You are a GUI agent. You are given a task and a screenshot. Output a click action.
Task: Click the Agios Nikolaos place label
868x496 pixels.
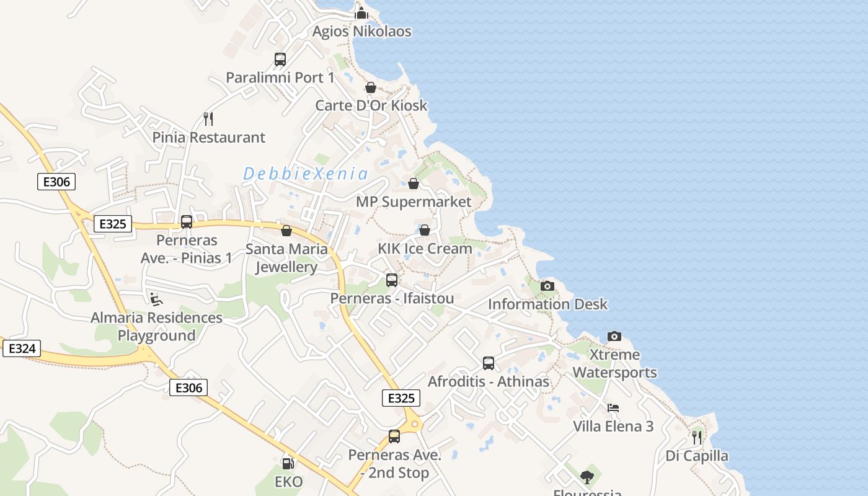[x=361, y=32]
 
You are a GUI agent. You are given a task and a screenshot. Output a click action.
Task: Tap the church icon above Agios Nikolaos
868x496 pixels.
[x=361, y=12]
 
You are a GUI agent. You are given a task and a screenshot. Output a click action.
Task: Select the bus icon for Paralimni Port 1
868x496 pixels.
[x=280, y=60]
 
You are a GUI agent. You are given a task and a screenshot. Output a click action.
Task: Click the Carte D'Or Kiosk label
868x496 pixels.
[x=371, y=105]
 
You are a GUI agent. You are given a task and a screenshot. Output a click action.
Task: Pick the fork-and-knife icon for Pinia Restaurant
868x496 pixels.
[x=209, y=118]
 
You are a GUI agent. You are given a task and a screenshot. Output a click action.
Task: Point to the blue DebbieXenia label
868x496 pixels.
[x=306, y=174]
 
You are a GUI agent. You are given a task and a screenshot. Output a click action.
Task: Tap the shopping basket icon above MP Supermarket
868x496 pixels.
[x=414, y=184]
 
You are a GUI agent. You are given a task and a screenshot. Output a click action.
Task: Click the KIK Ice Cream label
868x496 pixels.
[x=425, y=249]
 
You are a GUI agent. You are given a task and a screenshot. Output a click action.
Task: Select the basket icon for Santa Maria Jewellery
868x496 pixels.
[x=286, y=231]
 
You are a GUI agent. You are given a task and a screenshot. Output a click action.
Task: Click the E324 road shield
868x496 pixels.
[x=22, y=348]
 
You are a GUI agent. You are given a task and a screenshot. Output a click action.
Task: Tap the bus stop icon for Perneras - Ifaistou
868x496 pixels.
[x=392, y=280]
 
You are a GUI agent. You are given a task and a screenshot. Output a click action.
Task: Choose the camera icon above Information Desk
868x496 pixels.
[x=547, y=286]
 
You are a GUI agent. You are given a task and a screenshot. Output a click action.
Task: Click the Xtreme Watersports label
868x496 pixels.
[x=614, y=363]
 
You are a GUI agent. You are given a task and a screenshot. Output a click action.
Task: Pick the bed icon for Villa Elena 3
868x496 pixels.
[x=613, y=408]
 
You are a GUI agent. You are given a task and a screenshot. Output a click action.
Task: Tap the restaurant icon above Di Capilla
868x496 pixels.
[x=697, y=438]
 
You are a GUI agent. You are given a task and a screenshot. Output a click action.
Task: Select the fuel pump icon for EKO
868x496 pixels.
[x=288, y=463]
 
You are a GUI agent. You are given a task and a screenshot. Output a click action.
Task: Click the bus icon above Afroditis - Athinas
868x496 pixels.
[x=489, y=363]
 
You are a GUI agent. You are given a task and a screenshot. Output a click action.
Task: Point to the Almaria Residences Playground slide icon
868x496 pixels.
[x=156, y=299]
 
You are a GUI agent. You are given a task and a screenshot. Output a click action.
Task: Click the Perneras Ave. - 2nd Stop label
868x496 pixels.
[x=395, y=464]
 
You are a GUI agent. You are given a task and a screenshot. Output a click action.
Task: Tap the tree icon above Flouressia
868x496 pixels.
[x=587, y=477]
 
